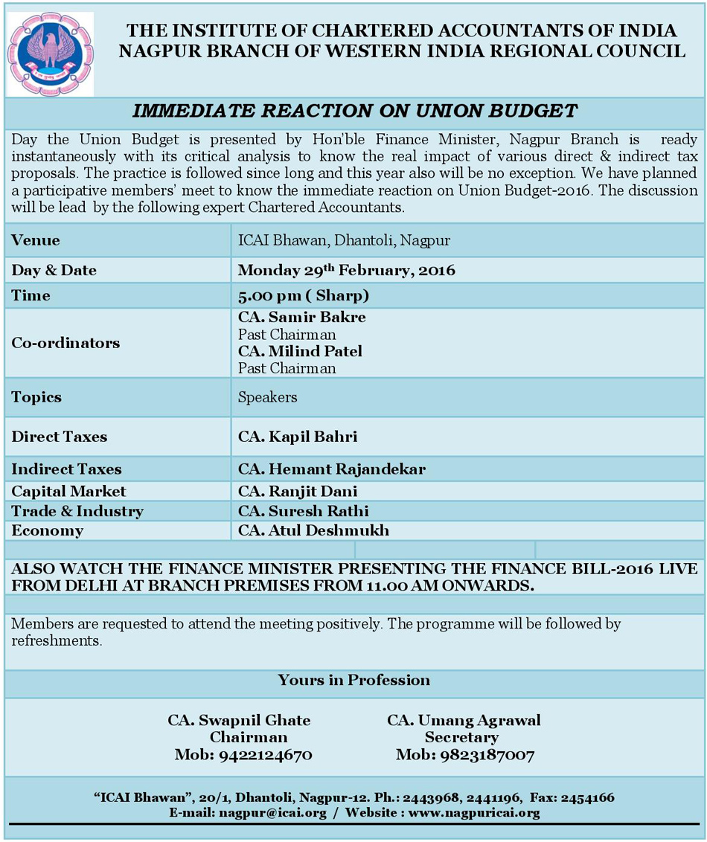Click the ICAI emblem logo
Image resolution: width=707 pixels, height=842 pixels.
click(x=50, y=54)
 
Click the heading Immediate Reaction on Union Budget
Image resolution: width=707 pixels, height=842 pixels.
click(x=354, y=112)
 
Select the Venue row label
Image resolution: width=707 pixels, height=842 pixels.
click(x=36, y=240)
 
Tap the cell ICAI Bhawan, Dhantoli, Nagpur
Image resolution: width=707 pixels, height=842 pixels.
click(x=344, y=240)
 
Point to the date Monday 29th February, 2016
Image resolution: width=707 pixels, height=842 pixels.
click(x=346, y=269)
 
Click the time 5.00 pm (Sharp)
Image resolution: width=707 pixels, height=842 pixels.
click(x=304, y=295)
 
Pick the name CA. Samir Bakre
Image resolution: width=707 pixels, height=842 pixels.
click(x=301, y=318)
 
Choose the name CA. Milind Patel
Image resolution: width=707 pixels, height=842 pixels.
click(x=300, y=351)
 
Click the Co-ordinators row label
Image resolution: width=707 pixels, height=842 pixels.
click(x=65, y=343)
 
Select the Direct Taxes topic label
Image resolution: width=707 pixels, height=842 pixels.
click(x=60, y=437)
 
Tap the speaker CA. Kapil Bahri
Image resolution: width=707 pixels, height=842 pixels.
click(x=298, y=437)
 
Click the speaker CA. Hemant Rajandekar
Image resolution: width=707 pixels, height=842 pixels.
click(x=332, y=469)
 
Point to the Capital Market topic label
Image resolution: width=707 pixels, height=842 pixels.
click(x=68, y=491)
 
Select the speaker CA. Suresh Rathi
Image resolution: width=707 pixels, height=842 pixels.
click(x=304, y=511)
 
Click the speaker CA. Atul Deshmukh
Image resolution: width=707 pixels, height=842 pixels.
click(x=313, y=530)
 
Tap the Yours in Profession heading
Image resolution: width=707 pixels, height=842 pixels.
click(x=353, y=680)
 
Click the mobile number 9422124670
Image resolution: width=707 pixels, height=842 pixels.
click(x=265, y=755)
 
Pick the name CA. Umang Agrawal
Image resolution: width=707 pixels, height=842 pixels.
click(x=464, y=720)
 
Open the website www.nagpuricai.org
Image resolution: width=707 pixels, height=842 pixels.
click(x=473, y=812)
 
